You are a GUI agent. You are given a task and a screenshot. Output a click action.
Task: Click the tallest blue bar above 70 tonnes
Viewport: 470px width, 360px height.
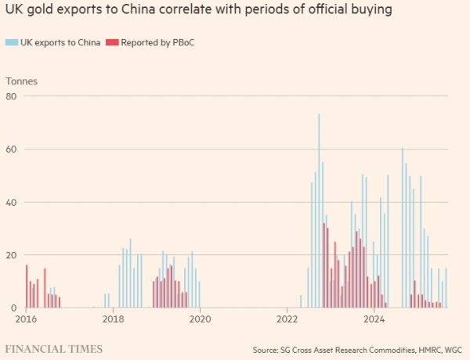coord(319,211)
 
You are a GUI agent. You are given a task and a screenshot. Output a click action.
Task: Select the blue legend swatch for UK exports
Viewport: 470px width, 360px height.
coord(10,42)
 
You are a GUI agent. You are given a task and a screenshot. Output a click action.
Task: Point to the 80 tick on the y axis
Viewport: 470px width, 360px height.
coord(11,95)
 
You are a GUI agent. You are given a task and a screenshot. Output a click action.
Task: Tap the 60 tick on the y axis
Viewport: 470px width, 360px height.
coord(11,149)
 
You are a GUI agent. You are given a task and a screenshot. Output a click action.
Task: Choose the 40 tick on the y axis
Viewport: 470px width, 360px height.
coord(11,202)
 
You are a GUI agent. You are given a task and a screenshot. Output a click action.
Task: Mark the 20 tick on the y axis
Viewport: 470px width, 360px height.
coord(11,255)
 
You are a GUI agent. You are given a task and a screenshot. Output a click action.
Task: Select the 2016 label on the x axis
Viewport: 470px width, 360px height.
coord(26,319)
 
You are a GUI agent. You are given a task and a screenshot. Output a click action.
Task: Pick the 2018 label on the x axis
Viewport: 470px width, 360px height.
coord(114,319)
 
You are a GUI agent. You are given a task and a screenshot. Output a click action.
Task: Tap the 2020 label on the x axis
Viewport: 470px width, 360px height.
coord(201,319)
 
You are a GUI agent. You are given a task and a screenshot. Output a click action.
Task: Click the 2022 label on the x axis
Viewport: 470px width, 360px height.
coord(287,319)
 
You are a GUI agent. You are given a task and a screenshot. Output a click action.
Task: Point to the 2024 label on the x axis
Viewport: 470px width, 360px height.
coord(374,319)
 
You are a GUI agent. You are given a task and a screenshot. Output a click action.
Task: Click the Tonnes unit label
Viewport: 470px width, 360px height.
coord(21,81)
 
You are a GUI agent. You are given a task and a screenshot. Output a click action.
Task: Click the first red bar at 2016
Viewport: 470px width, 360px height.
coord(27,286)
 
